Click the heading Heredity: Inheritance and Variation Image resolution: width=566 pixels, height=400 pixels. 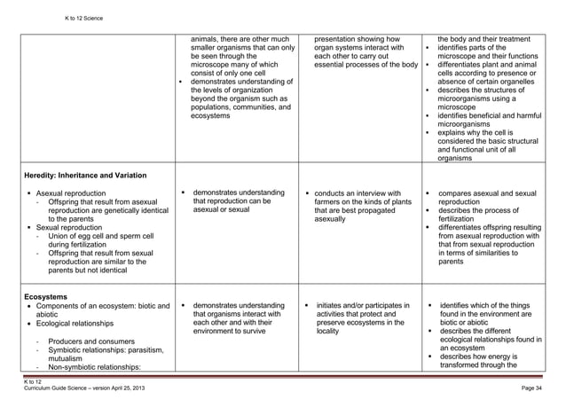[86, 174]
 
